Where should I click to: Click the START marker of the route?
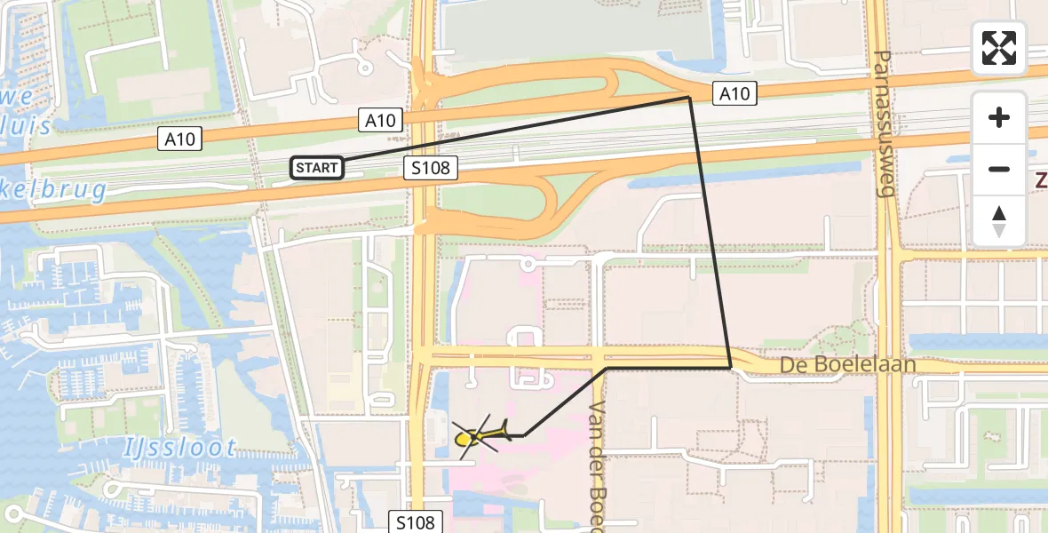[317, 167]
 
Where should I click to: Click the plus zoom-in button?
[999, 117]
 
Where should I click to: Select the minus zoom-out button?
[999, 169]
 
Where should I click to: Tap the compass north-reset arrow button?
[999, 221]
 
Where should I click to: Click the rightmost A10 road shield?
[734, 92]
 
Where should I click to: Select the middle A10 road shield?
[381, 120]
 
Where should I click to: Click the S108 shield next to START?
[431, 168]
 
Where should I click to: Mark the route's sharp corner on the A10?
[691, 98]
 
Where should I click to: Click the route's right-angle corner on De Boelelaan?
[730, 367]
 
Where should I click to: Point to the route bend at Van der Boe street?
[607, 368]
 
